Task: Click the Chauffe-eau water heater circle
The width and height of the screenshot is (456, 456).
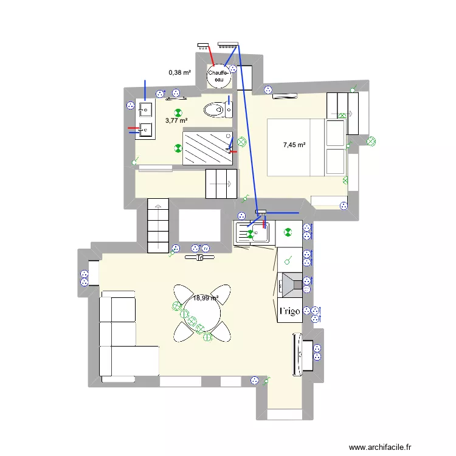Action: click(x=219, y=75)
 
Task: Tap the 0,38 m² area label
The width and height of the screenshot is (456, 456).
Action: click(x=179, y=73)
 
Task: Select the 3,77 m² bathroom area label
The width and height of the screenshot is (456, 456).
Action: click(x=176, y=120)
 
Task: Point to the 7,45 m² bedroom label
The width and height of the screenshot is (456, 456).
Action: click(x=294, y=145)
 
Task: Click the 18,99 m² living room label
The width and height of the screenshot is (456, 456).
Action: click(x=206, y=298)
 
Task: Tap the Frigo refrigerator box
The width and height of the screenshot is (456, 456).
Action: click(x=290, y=312)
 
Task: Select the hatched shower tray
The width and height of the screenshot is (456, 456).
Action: click(x=207, y=148)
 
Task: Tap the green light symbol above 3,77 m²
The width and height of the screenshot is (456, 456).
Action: click(x=178, y=112)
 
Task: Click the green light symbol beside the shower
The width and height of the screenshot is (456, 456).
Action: click(x=178, y=148)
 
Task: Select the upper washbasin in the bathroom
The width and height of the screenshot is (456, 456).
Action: click(x=145, y=109)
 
